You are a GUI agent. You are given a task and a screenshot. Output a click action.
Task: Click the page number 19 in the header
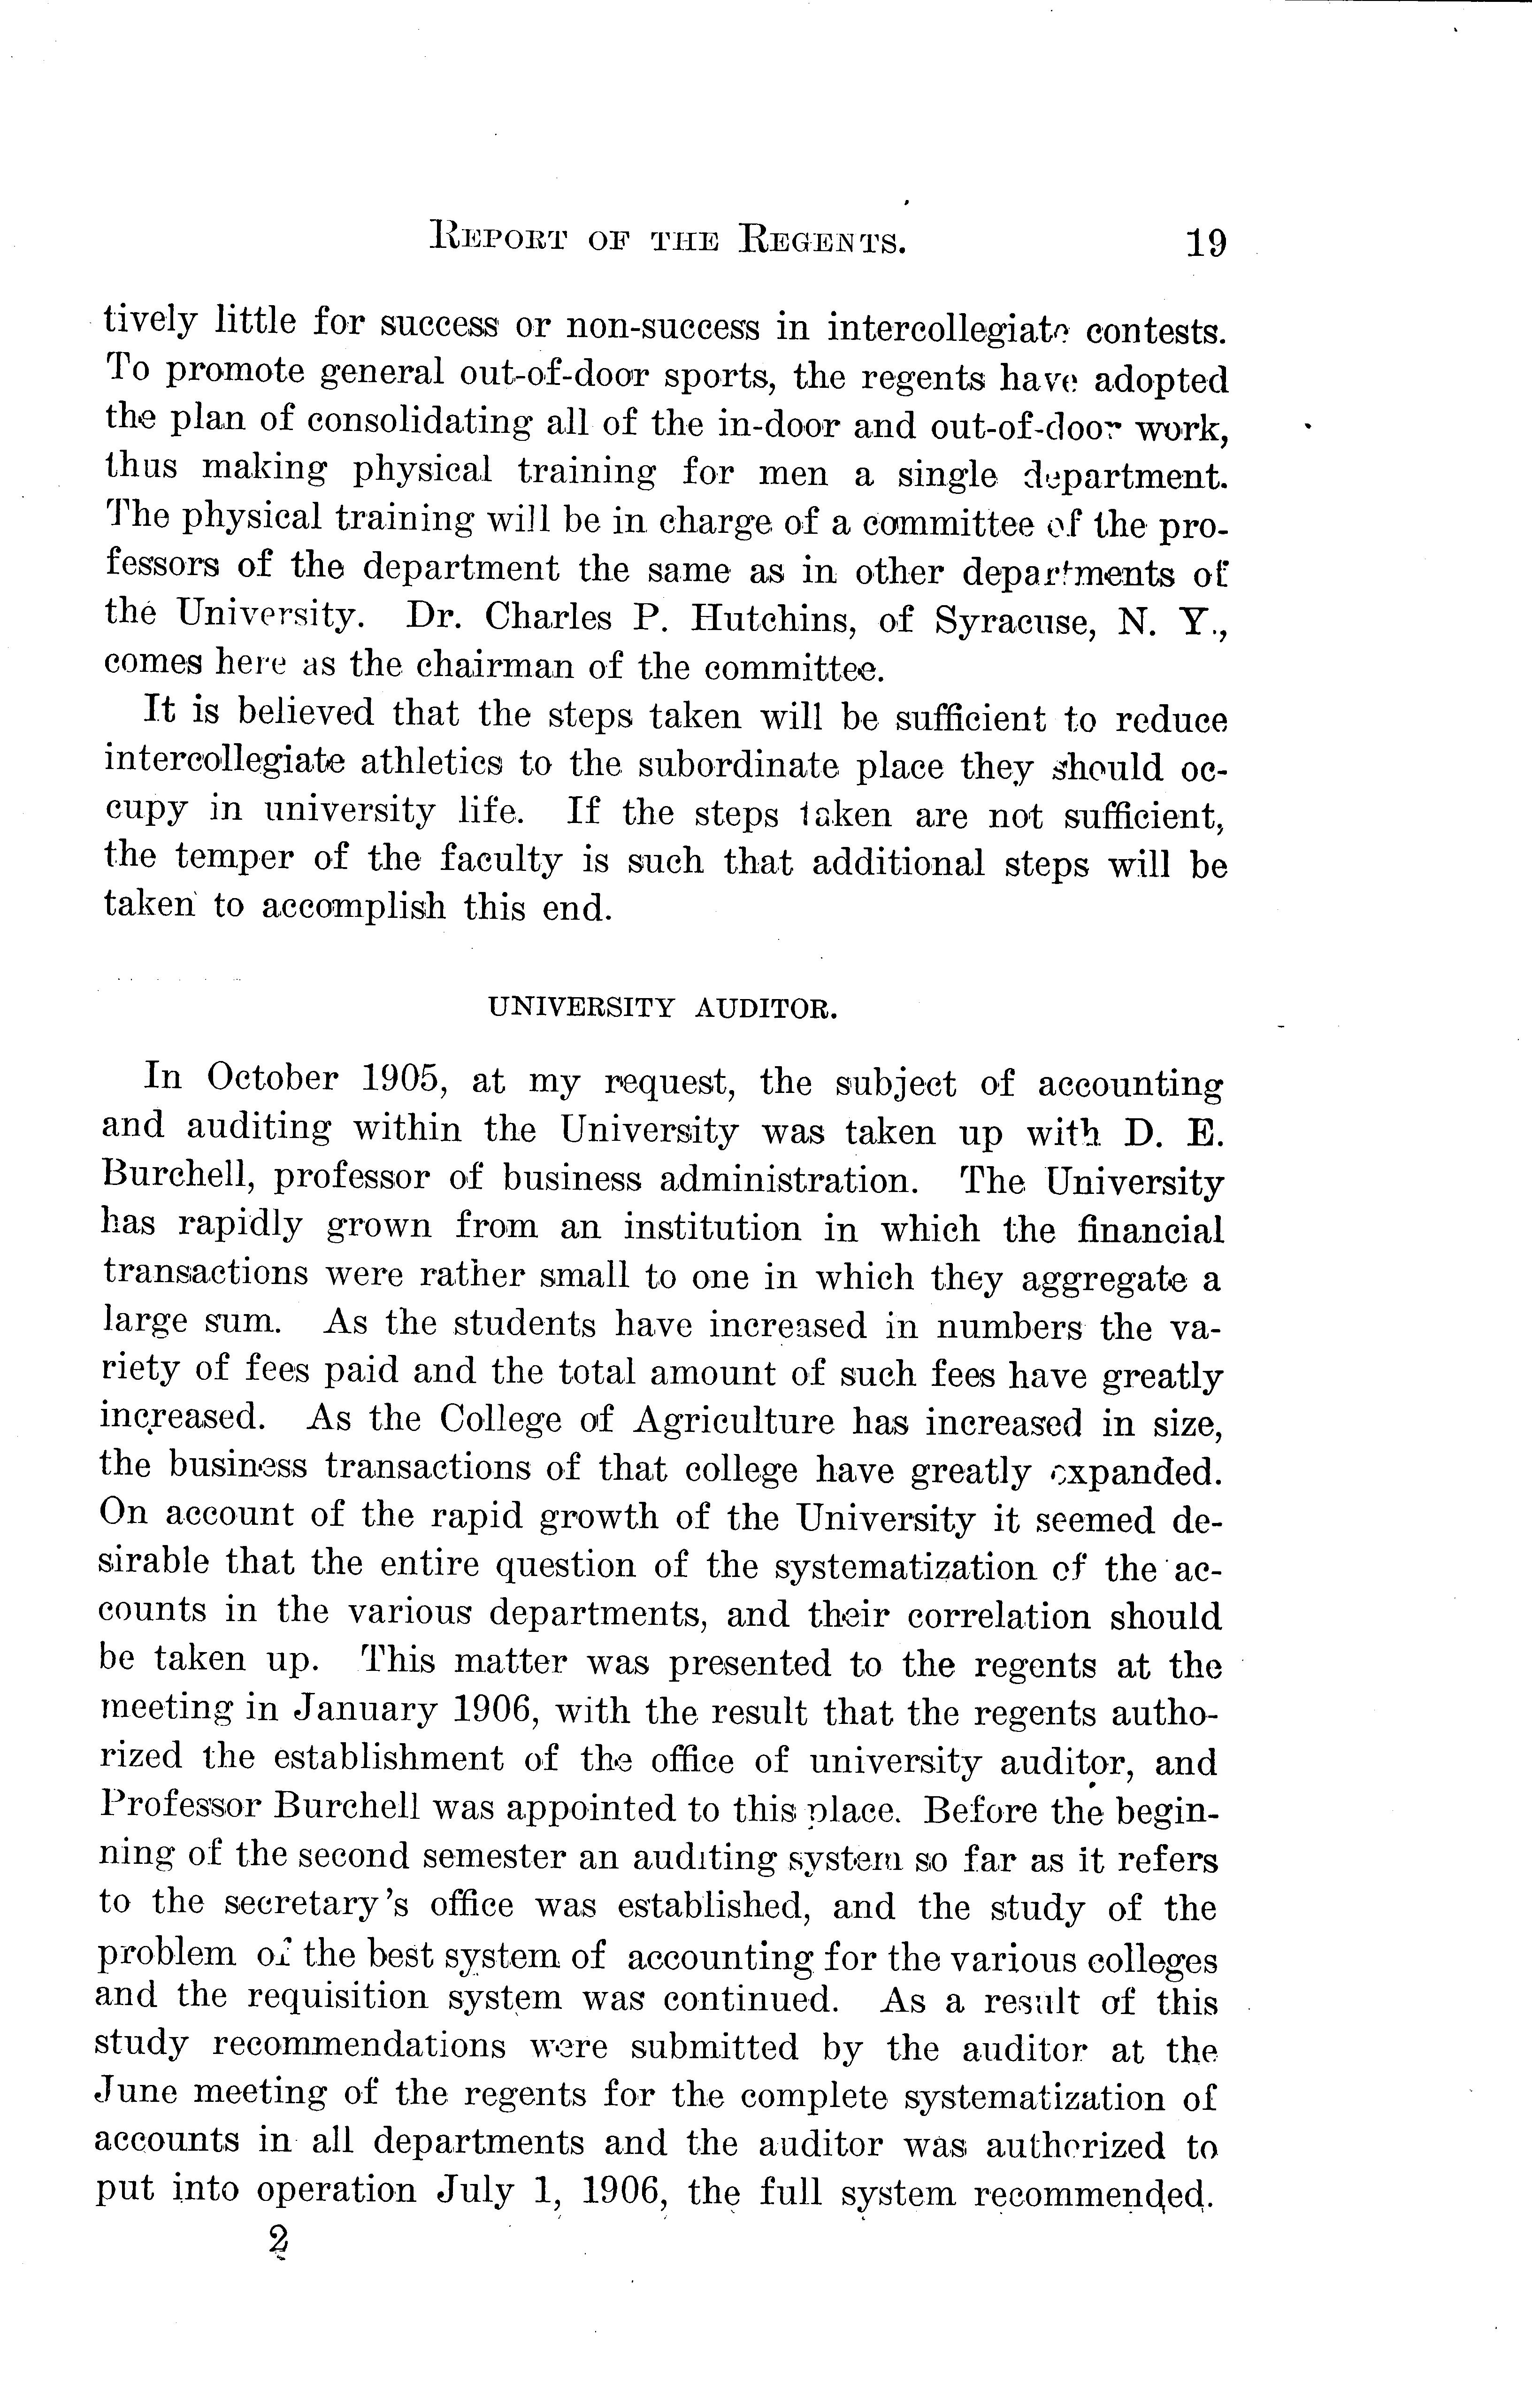[1205, 242]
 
